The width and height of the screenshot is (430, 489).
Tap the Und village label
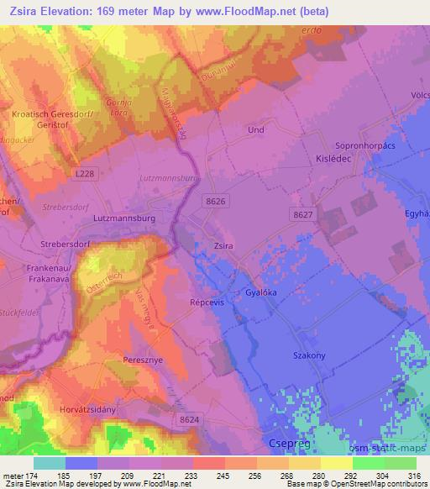click(x=255, y=130)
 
